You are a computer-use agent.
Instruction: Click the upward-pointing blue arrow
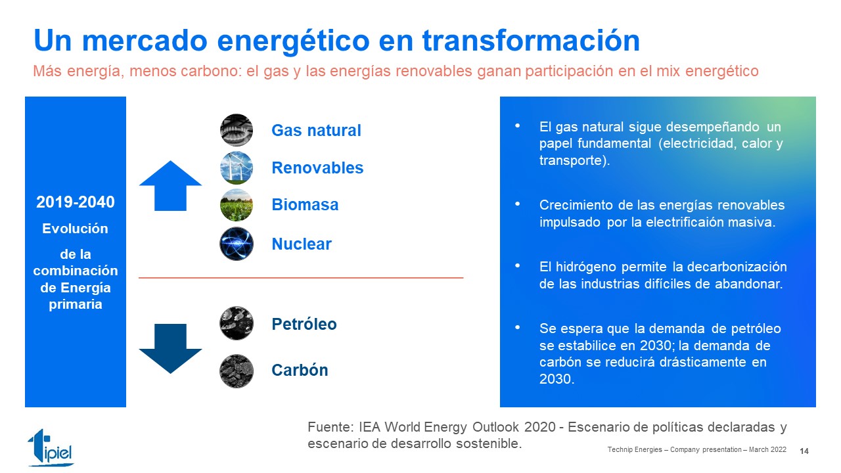(x=170, y=186)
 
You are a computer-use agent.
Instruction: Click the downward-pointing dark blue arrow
(x=170, y=348)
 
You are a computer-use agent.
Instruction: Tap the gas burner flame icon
(x=236, y=130)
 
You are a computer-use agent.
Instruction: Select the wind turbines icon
(x=236, y=168)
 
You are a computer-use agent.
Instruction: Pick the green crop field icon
(x=236, y=205)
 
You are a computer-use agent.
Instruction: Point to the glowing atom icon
(x=236, y=244)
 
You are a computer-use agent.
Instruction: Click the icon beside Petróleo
(x=236, y=323)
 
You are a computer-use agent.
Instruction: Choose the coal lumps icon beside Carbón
(x=236, y=371)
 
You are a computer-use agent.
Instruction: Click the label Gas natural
(x=316, y=130)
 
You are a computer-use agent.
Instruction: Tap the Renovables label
(x=317, y=168)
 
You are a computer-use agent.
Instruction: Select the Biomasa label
(x=305, y=204)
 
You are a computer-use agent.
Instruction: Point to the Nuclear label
(x=302, y=244)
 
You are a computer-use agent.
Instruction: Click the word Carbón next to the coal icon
(x=300, y=370)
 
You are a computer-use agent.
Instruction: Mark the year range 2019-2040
(x=76, y=202)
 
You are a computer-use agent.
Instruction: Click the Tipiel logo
(x=51, y=448)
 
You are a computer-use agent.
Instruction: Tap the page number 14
(x=804, y=451)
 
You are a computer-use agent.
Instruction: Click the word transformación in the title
(x=532, y=40)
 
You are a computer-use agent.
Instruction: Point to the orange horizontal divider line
(x=301, y=278)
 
